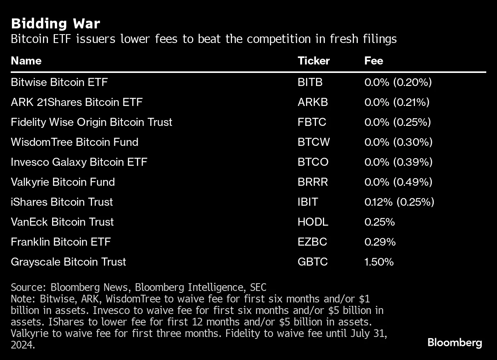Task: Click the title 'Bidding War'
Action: click(56, 24)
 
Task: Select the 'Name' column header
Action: click(26, 61)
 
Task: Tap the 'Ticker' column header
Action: click(313, 61)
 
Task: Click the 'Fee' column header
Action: click(374, 61)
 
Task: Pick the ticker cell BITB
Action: click(310, 82)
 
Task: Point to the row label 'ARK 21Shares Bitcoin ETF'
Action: click(77, 102)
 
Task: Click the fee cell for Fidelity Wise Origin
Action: click(397, 122)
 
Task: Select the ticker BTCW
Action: click(313, 142)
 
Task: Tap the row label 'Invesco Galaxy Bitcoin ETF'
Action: click(79, 162)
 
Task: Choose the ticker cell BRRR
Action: click(313, 182)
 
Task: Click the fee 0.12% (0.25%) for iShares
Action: click(399, 202)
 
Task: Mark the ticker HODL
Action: click(313, 222)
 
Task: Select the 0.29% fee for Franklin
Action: click(380, 242)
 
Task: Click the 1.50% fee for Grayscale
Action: click(379, 262)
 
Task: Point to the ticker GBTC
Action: click(313, 262)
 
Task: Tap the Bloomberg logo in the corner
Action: click(454, 342)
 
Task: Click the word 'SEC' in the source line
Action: click(258, 287)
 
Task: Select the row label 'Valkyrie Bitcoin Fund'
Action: click(63, 182)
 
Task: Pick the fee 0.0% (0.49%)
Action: click(398, 182)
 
